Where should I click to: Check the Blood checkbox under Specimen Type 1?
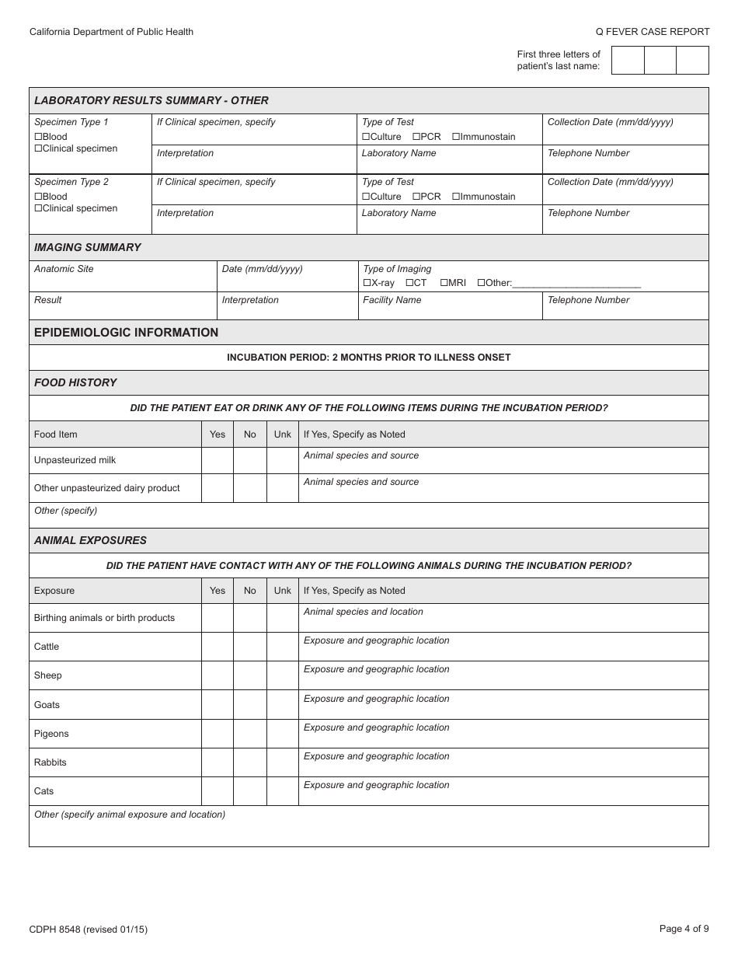click(38, 137)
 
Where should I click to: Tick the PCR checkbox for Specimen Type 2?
click(416, 197)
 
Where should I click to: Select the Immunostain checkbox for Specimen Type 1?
click(456, 137)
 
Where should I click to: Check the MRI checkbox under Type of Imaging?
click(444, 283)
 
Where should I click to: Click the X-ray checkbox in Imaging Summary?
click(367, 283)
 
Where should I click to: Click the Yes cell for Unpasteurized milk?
click(218, 460)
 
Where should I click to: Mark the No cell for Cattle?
click(249, 647)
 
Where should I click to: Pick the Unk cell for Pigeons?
click(283, 734)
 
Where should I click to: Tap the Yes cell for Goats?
click(218, 705)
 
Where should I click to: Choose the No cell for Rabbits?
click(249, 762)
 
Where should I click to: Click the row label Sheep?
click(47, 675)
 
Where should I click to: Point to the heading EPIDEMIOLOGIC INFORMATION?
click(126, 333)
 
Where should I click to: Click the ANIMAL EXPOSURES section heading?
click(90, 540)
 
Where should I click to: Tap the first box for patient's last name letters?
click(628, 61)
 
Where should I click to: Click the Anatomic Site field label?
click(64, 269)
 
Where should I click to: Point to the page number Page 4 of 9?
click(684, 929)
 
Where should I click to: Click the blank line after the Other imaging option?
click(576, 284)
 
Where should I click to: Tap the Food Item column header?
click(56, 434)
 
